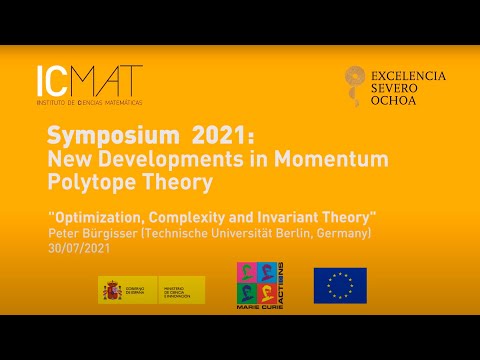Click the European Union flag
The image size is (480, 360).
point(340,285)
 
